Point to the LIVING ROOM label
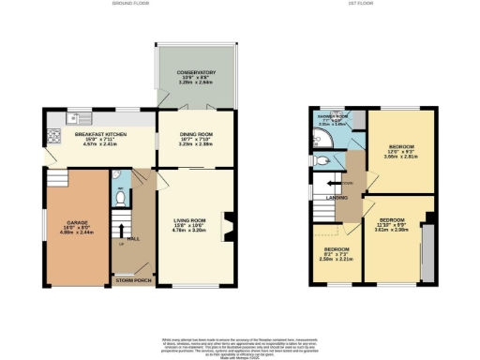(190, 219)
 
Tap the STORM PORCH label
(133, 279)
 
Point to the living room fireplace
(226, 226)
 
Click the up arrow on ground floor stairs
(118, 240)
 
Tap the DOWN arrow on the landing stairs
(348, 184)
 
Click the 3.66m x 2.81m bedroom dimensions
(400, 157)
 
